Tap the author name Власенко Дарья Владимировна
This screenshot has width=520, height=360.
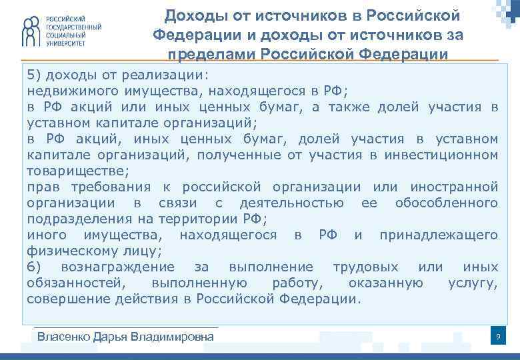coord(125,336)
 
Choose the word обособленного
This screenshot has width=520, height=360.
coord(446,203)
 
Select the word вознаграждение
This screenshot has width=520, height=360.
coord(118,267)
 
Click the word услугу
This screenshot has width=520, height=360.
coord(473,283)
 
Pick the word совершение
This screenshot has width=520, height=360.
coord(64,299)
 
